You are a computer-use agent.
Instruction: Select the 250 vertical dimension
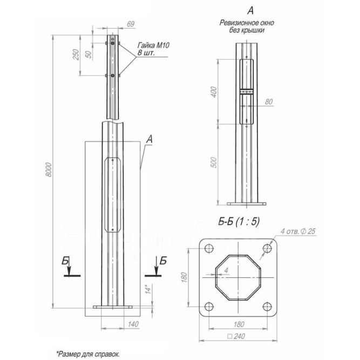click(76, 55)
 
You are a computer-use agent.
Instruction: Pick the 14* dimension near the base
click(146, 290)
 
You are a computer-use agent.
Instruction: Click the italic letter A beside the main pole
click(150, 139)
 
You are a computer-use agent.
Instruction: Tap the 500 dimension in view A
click(214, 161)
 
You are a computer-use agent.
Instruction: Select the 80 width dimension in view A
click(268, 101)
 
